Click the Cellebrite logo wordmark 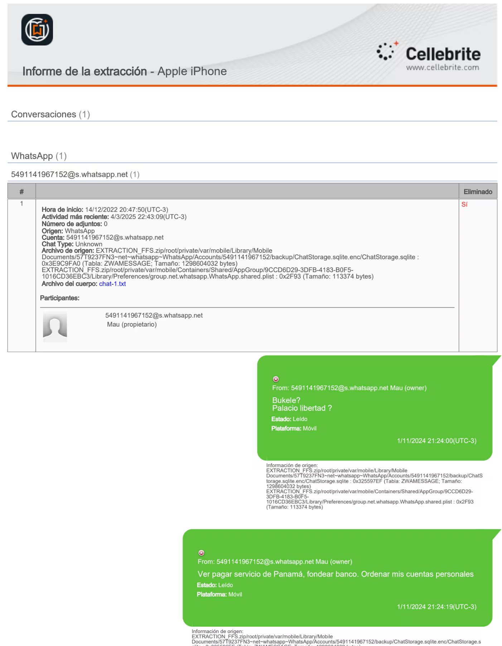(x=443, y=54)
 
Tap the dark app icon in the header (x=37, y=30)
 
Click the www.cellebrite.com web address (x=442, y=67)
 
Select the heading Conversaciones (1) (x=50, y=114)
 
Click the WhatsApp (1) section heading (x=39, y=156)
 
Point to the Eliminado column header (x=478, y=192)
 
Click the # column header (x=21, y=192)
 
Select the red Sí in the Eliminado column (x=464, y=204)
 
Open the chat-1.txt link (x=112, y=284)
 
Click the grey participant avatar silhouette (x=55, y=324)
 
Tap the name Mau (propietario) (x=132, y=324)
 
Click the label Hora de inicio (x=62, y=209)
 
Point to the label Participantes (x=59, y=298)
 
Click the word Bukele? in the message (x=286, y=400)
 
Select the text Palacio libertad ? (x=302, y=408)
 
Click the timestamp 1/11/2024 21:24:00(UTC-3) (x=436, y=441)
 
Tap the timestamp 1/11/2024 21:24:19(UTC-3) (x=436, y=607)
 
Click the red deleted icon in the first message (x=276, y=379)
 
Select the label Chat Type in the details (x=57, y=244)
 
